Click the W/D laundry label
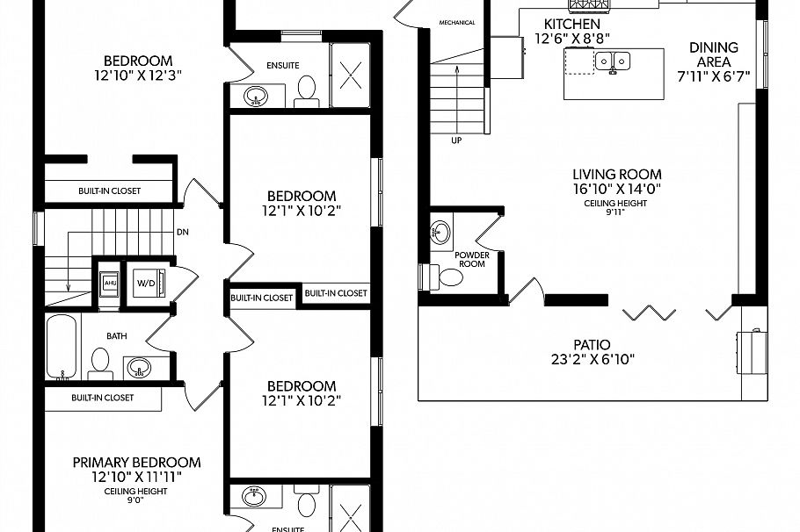pyautogui.click(x=144, y=283)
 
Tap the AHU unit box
pyautogui.click(x=111, y=283)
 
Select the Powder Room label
pyautogui.click(x=471, y=259)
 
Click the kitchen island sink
pyautogui.click(x=614, y=61)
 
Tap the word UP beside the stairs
pyautogui.click(x=456, y=140)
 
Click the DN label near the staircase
pyautogui.click(x=182, y=233)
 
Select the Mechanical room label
pyautogui.click(x=456, y=23)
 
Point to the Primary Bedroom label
pyautogui.click(x=136, y=462)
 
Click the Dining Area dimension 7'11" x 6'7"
pyautogui.click(x=713, y=76)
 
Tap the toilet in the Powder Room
pyautogui.click(x=448, y=278)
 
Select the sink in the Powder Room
pyautogui.click(x=440, y=232)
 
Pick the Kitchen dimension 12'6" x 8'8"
pyautogui.click(x=571, y=38)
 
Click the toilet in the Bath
pyautogui.click(x=99, y=363)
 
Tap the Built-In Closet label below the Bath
pyautogui.click(x=102, y=398)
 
